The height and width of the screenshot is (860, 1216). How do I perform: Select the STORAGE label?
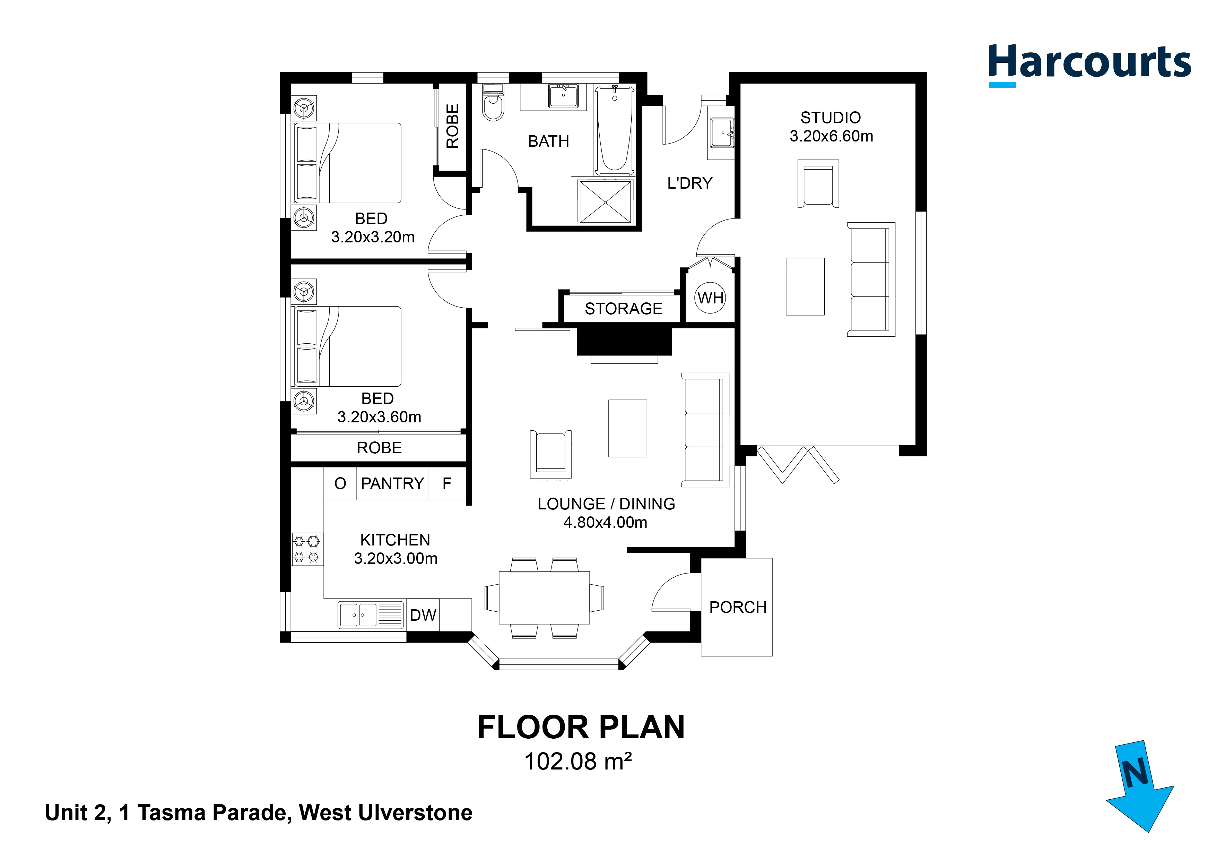pos(623,308)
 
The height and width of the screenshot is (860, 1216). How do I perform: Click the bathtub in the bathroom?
pos(614,130)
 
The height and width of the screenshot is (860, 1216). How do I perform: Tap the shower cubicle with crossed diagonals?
pos(605,202)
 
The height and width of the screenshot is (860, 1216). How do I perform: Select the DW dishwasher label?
pos(423,615)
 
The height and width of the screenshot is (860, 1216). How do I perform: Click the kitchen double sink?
pos(358,615)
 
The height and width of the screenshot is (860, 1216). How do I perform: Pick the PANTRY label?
pos(392,483)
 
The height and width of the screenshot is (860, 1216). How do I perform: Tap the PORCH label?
pos(737,607)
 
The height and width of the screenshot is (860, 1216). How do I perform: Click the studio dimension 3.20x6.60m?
pos(831,136)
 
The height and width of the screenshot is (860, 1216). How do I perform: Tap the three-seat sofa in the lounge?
pos(704,429)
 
